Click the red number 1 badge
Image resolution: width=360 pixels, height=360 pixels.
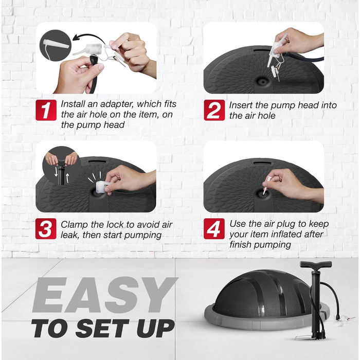click(x=46, y=110)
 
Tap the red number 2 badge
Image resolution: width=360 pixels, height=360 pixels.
click(x=214, y=110)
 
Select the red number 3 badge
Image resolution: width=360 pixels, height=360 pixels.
click(x=46, y=229)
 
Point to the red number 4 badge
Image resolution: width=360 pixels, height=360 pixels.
click(x=214, y=229)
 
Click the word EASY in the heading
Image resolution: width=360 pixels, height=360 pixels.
click(x=104, y=295)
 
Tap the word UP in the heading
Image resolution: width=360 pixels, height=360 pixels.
click(x=155, y=329)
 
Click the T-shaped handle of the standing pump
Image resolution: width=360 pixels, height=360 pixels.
click(x=316, y=264)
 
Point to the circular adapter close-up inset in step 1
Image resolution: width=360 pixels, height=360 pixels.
click(x=56, y=45)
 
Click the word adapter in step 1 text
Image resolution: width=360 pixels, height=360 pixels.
click(x=117, y=104)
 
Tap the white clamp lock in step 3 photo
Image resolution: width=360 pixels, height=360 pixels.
click(x=103, y=186)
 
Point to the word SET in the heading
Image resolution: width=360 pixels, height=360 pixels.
click(x=102, y=329)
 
